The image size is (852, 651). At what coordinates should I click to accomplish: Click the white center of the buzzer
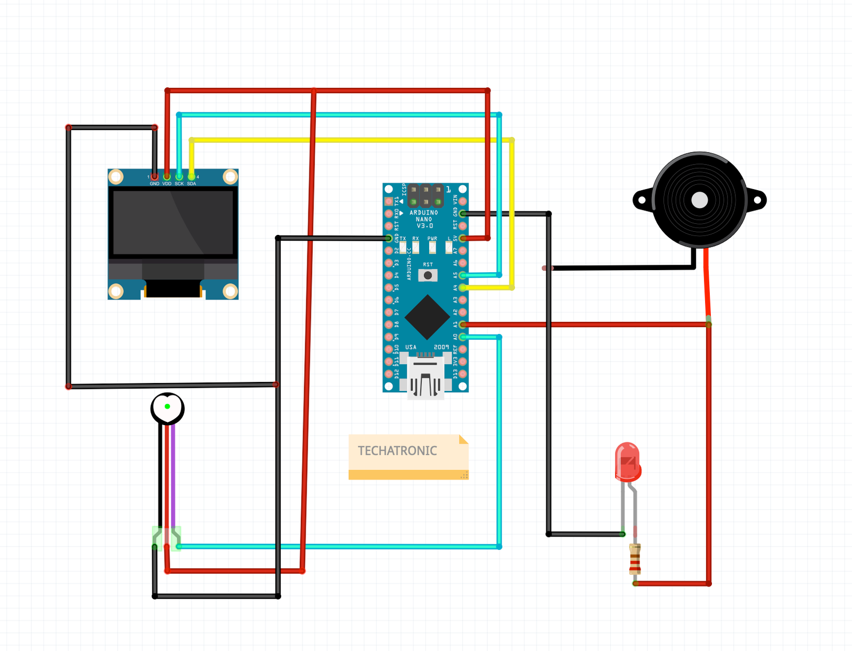coord(699,200)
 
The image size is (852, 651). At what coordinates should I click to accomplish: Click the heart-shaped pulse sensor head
coord(167,408)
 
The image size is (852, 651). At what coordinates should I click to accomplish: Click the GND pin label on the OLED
coord(154,184)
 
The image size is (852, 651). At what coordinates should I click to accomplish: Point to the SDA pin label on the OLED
coord(192,184)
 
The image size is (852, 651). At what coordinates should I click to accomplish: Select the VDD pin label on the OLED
coord(167,184)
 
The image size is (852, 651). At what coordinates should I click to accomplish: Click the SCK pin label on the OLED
coord(179,184)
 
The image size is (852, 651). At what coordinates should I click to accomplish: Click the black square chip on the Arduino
coord(427,317)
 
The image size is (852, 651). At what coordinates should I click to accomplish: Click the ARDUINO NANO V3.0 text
coord(424,219)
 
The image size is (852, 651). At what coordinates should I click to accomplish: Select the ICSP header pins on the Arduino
coord(425,196)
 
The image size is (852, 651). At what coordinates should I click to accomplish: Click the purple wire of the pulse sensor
coord(173,479)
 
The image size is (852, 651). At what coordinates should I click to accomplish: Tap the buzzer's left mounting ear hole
coord(642,200)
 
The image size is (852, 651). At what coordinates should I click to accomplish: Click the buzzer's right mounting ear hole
coord(757,200)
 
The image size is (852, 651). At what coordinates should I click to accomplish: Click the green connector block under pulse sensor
coord(167,538)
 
